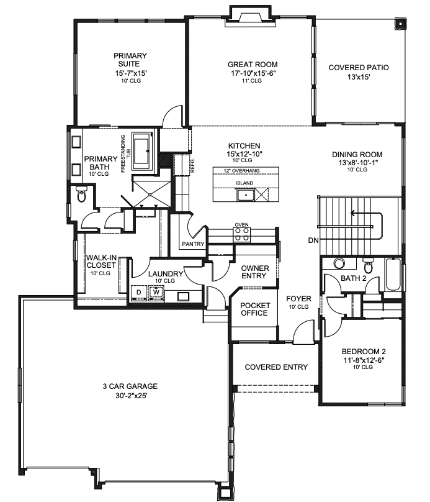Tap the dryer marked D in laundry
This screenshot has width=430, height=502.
coord(139,292)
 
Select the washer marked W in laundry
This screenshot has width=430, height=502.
coord(156,292)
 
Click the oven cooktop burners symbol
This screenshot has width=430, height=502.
coord(242,235)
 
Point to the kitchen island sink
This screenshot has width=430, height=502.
coord(246,194)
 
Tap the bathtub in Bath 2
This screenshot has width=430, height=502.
coord(392,274)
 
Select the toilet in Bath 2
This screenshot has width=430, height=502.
coord(368,265)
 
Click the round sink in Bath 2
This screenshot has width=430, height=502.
coord(339,263)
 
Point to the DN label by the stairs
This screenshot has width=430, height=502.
coord(313,240)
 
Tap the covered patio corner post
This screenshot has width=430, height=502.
coord(400,24)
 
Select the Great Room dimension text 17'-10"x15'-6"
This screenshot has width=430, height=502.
coord(253,73)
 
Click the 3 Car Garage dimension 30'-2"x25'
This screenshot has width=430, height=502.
coord(132,396)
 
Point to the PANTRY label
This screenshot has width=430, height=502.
coord(193,244)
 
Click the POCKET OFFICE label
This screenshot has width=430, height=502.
coord(255,309)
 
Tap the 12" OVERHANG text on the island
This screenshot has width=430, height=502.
coord(241,171)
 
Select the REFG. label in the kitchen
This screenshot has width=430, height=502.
coord(192,165)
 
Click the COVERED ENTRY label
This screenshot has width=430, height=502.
coord(276,367)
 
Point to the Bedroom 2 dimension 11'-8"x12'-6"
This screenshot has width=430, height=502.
coord(364,360)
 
